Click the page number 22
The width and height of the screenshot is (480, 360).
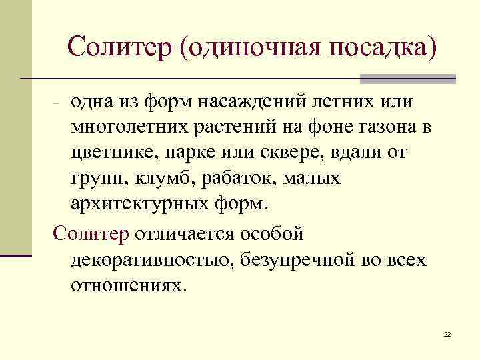pos(447,333)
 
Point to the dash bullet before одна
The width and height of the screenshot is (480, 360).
pos(57,104)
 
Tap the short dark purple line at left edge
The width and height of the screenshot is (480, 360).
pos(16,255)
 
